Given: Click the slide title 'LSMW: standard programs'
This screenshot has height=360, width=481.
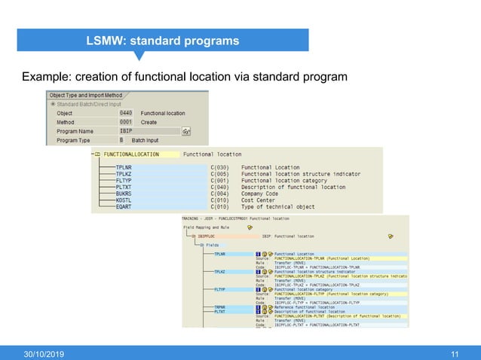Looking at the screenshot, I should coord(162,40).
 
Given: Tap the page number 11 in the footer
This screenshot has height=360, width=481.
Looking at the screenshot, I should coord(454,353).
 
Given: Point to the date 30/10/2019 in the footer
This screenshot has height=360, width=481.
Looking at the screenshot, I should coord(47,353).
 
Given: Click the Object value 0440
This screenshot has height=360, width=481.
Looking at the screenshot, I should coord(126,113).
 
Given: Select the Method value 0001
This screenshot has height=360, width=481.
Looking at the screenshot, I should coord(126,121).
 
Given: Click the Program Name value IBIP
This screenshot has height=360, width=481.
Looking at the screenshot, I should coord(126,130).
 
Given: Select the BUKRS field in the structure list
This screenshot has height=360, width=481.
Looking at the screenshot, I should coord(124,193).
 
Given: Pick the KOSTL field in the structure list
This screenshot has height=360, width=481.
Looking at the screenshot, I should coord(124,200).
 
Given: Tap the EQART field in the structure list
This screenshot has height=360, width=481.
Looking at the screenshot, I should coord(124,206).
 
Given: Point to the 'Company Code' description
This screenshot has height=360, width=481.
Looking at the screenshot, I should coord(261,193).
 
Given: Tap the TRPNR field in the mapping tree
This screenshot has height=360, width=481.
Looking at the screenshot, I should coord(220,307).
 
